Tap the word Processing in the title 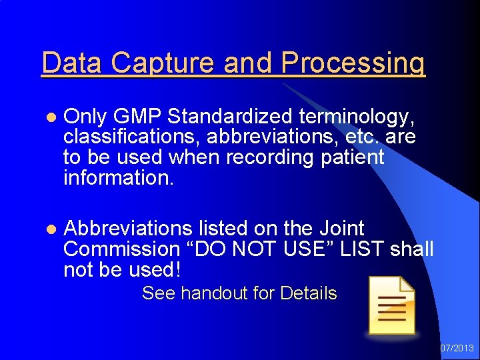[x=353, y=63]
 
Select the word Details [x=309, y=293]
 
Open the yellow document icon [x=392, y=305]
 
